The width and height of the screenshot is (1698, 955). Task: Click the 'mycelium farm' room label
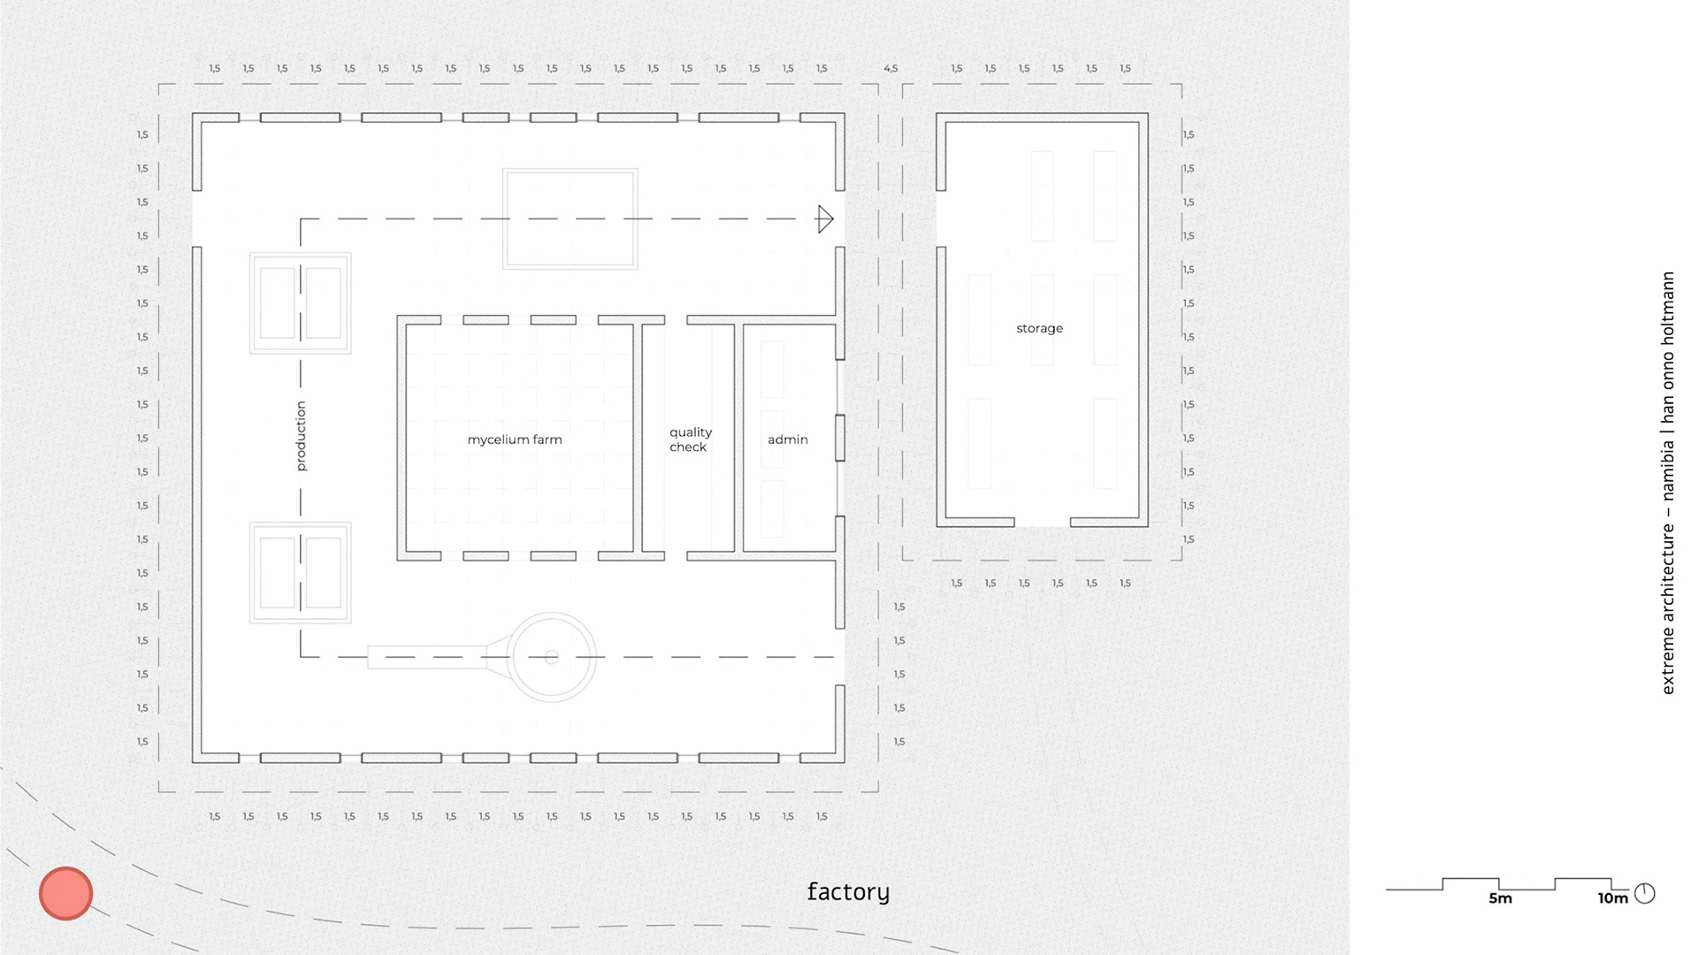tap(515, 439)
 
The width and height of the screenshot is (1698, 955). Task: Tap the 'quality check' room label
tap(690, 439)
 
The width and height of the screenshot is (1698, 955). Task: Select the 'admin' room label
tap(787, 439)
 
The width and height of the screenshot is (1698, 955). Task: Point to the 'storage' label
tap(1039, 328)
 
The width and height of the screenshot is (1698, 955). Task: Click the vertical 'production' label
tap(301, 436)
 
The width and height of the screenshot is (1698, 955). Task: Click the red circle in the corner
tap(65, 893)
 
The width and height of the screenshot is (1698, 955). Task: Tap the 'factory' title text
tap(848, 891)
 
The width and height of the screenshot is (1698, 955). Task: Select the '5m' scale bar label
tap(1500, 898)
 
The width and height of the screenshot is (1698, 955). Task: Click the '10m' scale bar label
tap(1612, 898)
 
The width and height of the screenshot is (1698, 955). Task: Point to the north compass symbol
tap(1645, 893)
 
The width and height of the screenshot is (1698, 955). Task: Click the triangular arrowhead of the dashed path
tap(825, 219)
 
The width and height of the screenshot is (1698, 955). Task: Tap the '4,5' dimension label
tap(891, 68)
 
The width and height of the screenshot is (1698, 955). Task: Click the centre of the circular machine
tap(552, 657)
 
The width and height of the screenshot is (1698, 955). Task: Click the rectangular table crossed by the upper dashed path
tap(570, 218)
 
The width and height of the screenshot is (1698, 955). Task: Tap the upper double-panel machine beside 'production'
tap(301, 303)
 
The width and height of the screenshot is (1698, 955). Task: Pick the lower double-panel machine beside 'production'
tap(301, 573)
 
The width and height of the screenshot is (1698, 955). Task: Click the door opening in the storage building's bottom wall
tap(1042, 523)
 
